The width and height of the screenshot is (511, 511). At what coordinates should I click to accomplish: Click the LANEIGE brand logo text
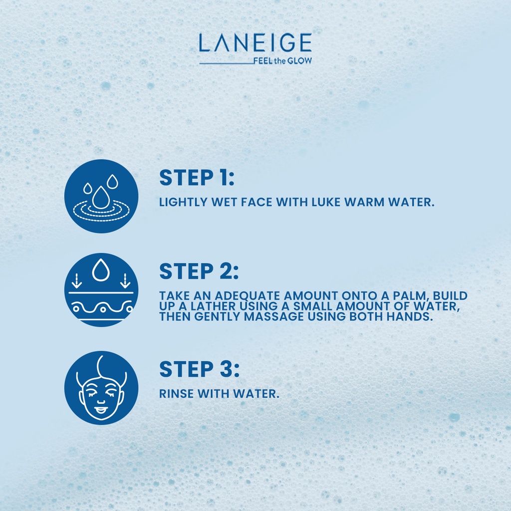click(x=255, y=43)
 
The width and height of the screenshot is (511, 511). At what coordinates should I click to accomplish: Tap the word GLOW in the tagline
click(x=299, y=61)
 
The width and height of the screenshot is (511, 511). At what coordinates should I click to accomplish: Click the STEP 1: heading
click(x=197, y=178)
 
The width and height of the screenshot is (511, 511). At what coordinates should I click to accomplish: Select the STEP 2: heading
click(x=199, y=271)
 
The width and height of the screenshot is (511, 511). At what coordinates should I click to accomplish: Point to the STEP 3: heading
click(x=200, y=369)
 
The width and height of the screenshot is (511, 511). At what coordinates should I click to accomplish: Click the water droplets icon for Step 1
click(x=101, y=196)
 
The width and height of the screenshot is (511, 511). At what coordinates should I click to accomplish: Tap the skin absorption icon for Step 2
click(x=101, y=290)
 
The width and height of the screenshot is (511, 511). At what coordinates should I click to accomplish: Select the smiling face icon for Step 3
click(x=101, y=388)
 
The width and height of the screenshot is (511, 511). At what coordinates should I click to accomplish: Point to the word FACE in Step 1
click(x=256, y=202)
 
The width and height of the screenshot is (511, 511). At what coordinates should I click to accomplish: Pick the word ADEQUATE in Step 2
click(x=248, y=295)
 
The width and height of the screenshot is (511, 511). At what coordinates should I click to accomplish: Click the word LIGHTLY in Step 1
click(x=183, y=202)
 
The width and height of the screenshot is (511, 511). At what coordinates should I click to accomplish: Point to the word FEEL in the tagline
click(x=263, y=61)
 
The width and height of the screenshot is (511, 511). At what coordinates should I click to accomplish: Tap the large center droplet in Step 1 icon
click(x=101, y=198)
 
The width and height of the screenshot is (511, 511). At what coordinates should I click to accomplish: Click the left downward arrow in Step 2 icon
click(x=76, y=281)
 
